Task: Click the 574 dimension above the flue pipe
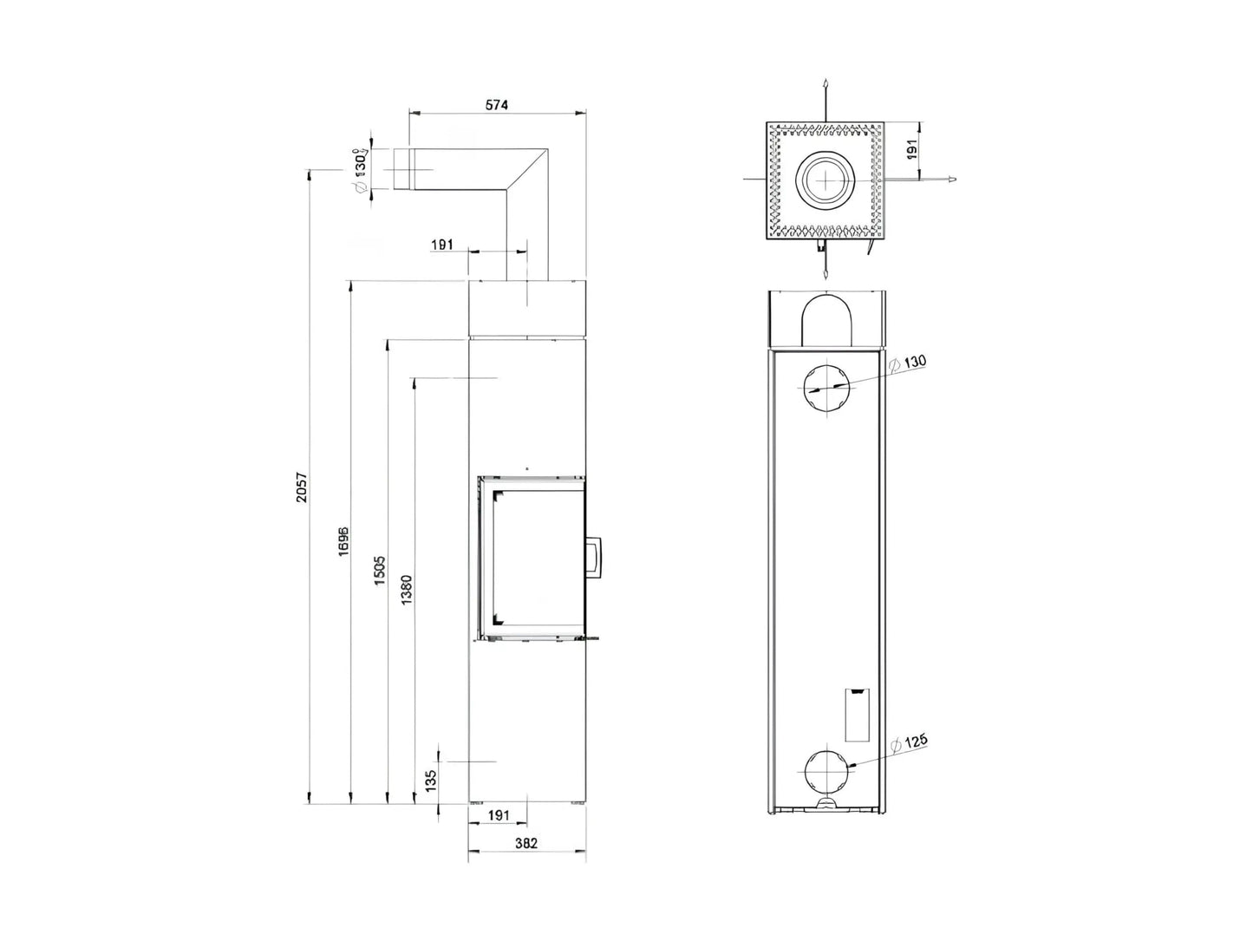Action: (496, 105)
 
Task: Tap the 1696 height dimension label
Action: (343, 541)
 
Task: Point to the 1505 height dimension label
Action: (380, 571)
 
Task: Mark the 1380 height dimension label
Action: (408, 590)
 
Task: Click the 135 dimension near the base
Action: (432, 779)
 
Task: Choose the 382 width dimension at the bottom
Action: (526, 842)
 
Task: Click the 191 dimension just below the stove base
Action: (498, 815)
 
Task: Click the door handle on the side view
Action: (596, 557)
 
